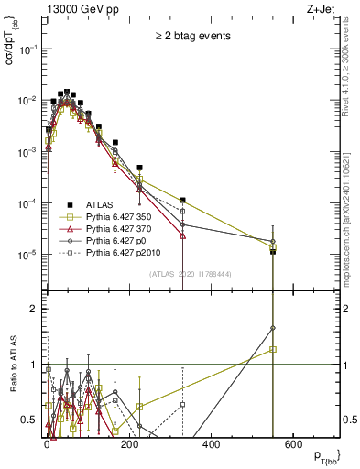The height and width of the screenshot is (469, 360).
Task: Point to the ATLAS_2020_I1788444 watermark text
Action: coord(191,272)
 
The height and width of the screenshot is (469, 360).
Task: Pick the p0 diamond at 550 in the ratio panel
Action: coord(272,328)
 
